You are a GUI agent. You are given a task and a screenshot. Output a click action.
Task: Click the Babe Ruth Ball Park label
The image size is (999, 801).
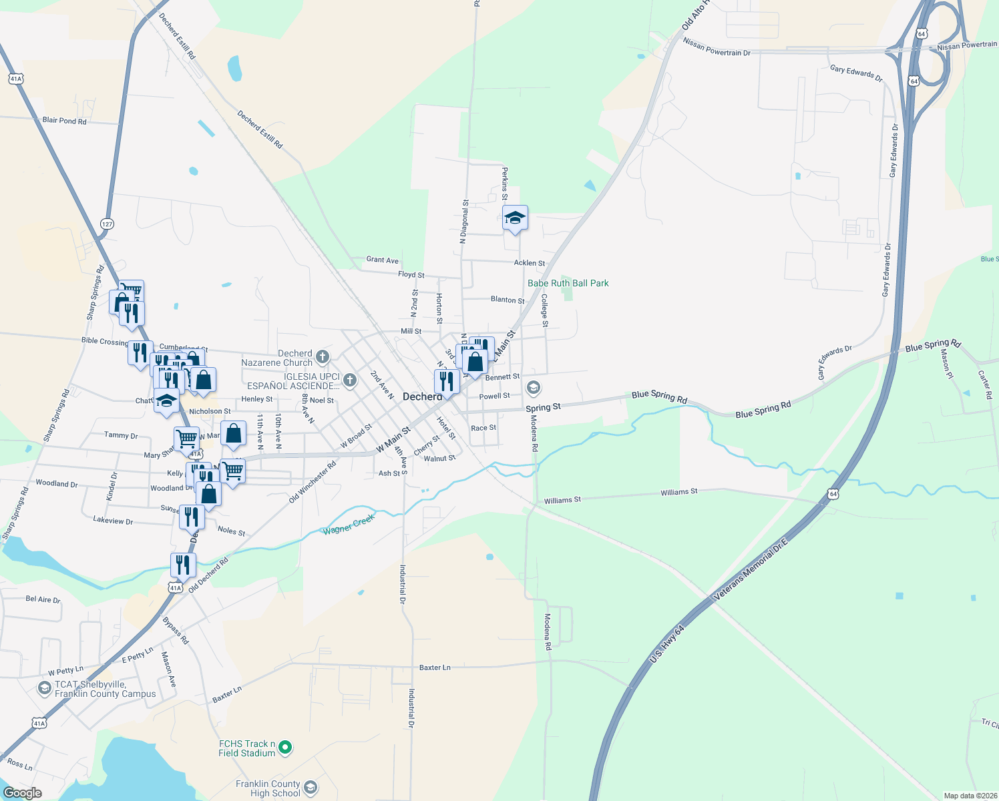[x=568, y=283]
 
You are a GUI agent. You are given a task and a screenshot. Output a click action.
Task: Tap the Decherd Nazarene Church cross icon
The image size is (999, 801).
[x=323, y=356]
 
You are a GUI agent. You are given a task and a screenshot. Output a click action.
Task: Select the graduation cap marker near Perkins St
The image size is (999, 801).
[x=515, y=218]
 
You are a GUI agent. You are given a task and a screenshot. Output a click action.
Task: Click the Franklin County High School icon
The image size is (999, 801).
[x=311, y=788]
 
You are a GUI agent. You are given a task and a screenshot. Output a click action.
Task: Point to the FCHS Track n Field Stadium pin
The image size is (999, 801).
[x=285, y=748]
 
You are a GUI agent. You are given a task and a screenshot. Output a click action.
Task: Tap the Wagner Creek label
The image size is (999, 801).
[x=349, y=525]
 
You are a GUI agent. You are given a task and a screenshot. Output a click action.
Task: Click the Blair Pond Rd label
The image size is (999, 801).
[x=64, y=121]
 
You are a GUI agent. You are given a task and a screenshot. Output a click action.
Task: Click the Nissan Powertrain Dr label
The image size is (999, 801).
[x=717, y=47]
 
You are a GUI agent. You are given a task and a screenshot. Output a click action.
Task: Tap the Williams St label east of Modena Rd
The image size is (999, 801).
[x=679, y=492]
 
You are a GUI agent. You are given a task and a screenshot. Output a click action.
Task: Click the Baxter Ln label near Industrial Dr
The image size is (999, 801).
[x=435, y=667]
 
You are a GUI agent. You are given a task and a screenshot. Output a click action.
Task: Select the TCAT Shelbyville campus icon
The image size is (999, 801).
[x=45, y=688]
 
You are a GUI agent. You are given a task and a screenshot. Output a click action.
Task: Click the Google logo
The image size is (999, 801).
[x=23, y=793]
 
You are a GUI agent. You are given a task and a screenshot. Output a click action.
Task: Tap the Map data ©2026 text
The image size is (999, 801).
[x=970, y=796]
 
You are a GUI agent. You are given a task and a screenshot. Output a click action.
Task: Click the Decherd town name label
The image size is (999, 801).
[x=422, y=396]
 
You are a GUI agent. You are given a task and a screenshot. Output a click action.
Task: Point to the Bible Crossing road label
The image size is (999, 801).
[x=105, y=341]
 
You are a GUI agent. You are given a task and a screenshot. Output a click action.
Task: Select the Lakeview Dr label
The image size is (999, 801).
[x=113, y=520]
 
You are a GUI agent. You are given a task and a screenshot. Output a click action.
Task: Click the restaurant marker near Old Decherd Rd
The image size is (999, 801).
[x=183, y=565]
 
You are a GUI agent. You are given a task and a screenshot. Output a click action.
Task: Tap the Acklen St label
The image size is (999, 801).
[x=529, y=263]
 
